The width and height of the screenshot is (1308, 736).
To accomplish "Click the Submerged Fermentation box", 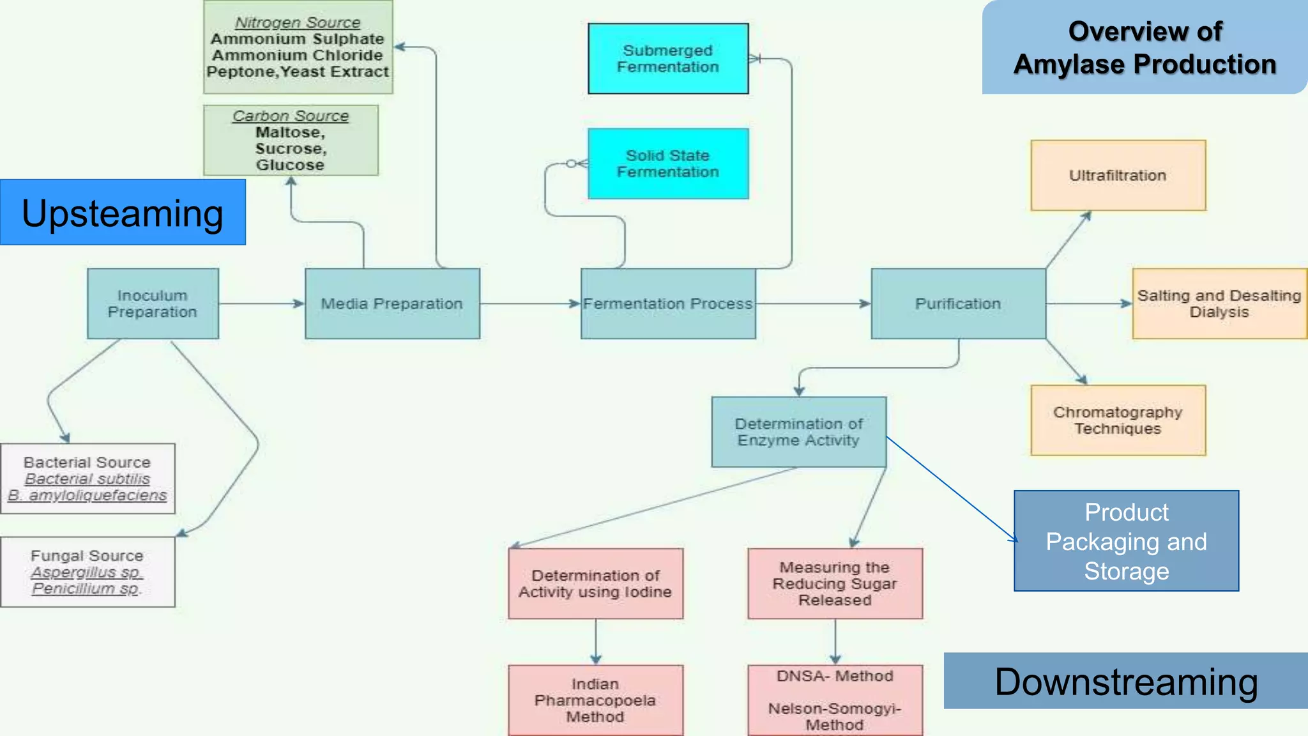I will tap(668, 59).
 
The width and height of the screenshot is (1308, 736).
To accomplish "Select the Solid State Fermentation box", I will tap(668, 164).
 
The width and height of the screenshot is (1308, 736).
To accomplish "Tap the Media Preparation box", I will tap(392, 303).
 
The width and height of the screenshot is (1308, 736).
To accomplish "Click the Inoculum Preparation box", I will tap(153, 303).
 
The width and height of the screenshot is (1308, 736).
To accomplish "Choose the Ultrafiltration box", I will tap(1118, 176).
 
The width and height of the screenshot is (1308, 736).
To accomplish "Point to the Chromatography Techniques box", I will tap(1118, 420).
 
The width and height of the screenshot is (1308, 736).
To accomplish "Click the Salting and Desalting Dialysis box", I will tap(1219, 303).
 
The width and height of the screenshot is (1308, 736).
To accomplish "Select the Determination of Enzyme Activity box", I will tap(799, 432).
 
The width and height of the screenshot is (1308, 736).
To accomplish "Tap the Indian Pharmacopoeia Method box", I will tap(595, 700).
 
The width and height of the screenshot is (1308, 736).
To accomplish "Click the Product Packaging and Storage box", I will tap(1126, 541).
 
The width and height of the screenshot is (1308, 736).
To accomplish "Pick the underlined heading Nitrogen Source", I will tap(298, 22).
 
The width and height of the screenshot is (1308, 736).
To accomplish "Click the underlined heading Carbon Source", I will tap(291, 116).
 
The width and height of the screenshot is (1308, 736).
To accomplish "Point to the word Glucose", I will tap(291, 165).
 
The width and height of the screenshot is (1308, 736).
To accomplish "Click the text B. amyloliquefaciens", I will tap(87, 495).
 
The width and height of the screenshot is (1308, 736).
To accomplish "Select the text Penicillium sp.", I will tap(86, 588).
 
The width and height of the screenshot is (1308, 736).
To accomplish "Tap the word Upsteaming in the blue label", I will tap(123, 213).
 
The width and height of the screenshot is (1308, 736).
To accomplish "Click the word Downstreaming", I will tap(1126, 682).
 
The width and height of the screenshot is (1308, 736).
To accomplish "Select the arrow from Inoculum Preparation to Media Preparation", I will tap(261, 303).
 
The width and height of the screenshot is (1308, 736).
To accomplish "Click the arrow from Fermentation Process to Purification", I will tap(813, 303).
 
